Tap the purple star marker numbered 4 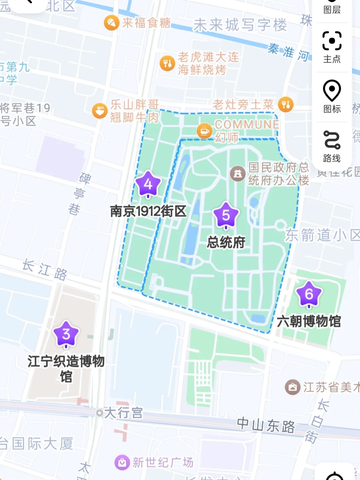pyautogui.click(x=148, y=184)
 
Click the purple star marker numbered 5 pyautogui.click(x=226, y=215)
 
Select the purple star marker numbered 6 pyautogui.click(x=309, y=294)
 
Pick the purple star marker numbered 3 pyautogui.click(x=66, y=334)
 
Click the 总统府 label pyautogui.click(x=226, y=242)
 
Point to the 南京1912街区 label pyautogui.click(x=148, y=211)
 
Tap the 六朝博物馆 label pyautogui.click(x=309, y=321)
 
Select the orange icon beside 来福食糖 pyautogui.click(x=112, y=23)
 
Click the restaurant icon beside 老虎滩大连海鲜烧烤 pyautogui.click(x=167, y=63)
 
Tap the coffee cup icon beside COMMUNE pyautogui.click(x=204, y=131)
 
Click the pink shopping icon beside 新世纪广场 pyautogui.click(x=122, y=462)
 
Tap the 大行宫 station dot pyautogui.click(x=99, y=413)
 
